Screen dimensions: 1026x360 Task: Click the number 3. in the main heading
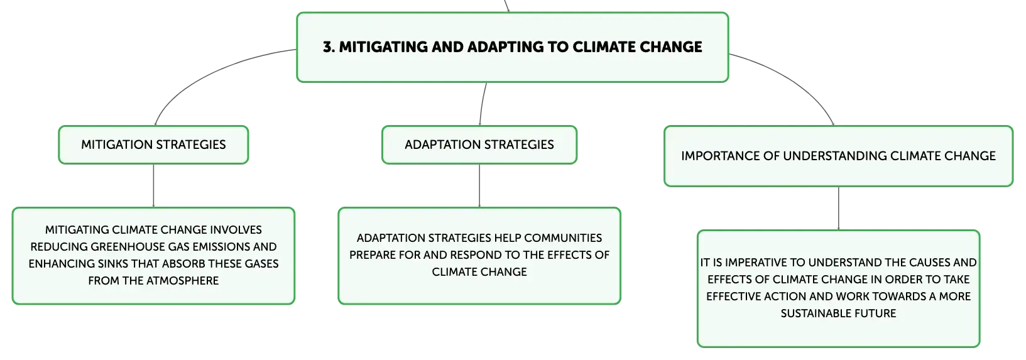[329, 46]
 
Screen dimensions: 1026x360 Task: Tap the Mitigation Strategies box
[153, 145]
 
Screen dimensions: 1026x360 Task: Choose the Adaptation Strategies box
[479, 145]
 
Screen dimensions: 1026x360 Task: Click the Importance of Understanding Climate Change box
[838, 156]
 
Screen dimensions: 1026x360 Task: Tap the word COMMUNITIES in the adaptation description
[563, 238]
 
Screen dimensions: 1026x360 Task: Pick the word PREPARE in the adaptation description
[373, 255]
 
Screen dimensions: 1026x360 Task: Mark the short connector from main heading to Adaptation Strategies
[482, 104]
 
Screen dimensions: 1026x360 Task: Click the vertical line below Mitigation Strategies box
[153, 185]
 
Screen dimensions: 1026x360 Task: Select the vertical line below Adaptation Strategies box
[479, 185]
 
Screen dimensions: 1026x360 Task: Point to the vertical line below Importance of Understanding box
[839, 209]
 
